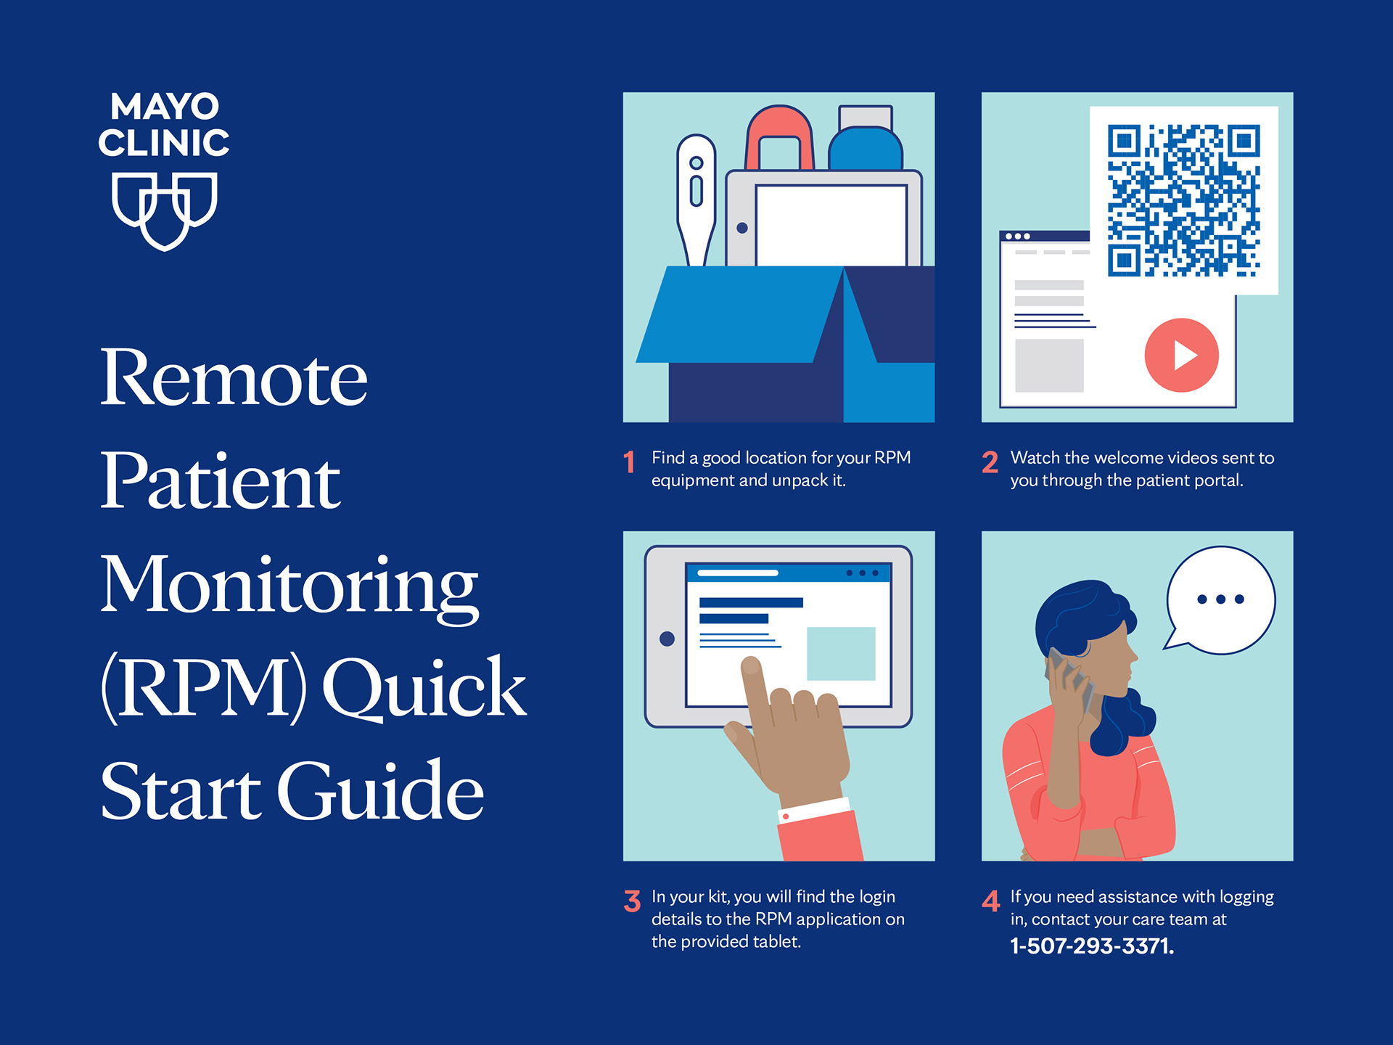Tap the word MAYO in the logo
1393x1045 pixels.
(165, 107)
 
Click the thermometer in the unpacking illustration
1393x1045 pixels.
(696, 200)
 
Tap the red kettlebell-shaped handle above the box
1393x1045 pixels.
(780, 138)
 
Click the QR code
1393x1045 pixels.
(1183, 200)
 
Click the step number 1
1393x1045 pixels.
(629, 462)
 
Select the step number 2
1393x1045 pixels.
(990, 462)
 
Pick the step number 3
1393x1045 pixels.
(632, 901)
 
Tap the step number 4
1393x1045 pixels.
(991, 901)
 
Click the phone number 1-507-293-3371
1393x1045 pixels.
(1092, 946)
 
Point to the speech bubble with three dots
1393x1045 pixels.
(1220, 600)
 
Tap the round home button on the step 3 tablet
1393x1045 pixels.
(667, 639)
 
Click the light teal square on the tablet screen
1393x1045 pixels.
(841, 653)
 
